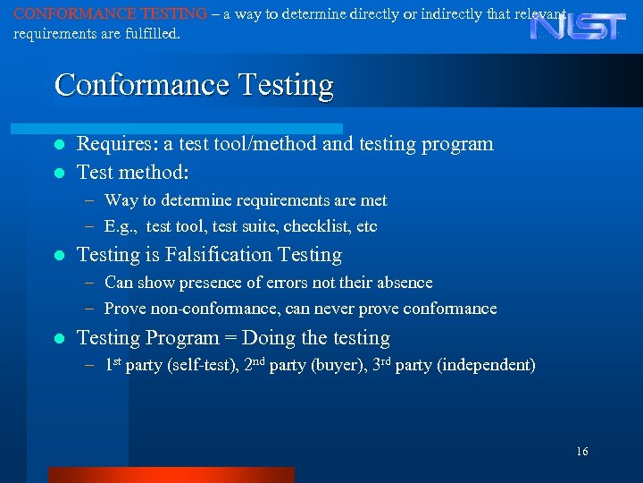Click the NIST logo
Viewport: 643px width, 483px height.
coord(580,26)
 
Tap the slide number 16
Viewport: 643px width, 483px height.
coord(581,452)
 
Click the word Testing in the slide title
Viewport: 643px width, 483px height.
coord(286,86)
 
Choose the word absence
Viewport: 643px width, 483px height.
coord(401,283)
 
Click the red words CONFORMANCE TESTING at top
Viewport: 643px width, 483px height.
coord(111,14)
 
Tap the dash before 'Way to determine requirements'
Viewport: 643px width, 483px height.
coord(92,201)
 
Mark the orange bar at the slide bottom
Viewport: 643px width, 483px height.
coord(171,475)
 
